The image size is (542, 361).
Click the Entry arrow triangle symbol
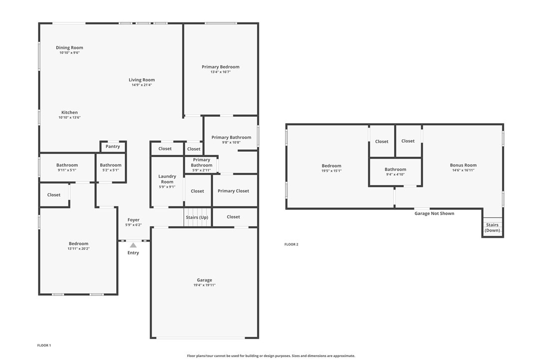pos(133,245)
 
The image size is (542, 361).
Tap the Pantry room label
pos(113,147)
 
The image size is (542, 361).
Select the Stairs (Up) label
pos(197,217)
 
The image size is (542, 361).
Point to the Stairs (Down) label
pos(492,228)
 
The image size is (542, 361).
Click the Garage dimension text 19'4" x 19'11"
pos(204,285)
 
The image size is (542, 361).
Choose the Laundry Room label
pos(167,179)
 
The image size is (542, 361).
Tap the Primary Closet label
pos(234,191)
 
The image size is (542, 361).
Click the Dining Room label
pos(69,48)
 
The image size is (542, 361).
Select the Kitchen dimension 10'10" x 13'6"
pos(69,118)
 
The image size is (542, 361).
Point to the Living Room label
pos(142,80)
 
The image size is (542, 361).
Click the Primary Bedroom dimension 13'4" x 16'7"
pos(221,72)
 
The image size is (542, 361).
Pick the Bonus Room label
pos(463,165)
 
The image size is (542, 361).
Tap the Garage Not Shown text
pos(435,213)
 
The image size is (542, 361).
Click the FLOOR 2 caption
pos(291,244)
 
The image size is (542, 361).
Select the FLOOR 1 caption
pos(44,345)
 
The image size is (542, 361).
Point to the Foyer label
pos(133,220)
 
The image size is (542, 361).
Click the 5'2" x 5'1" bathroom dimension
pos(111,171)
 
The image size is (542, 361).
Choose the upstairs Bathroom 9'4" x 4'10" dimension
pos(395,175)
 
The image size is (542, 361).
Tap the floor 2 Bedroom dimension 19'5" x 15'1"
pos(331,171)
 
